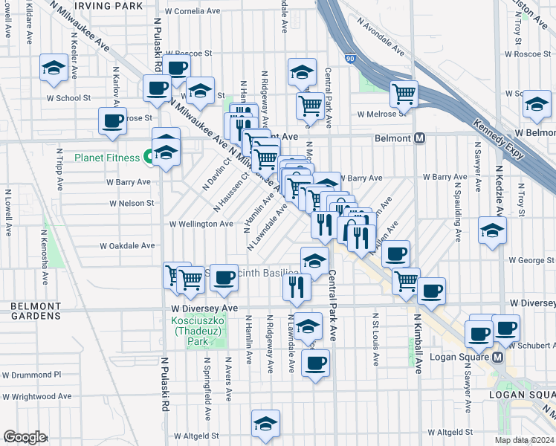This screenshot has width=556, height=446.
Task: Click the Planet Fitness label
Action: (x=107, y=158)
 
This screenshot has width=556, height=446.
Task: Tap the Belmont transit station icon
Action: (x=420, y=139)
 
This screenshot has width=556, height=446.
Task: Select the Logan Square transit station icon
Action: (x=498, y=357)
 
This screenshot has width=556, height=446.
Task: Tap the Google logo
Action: (x=25, y=437)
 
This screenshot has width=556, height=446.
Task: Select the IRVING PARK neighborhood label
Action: (x=108, y=5)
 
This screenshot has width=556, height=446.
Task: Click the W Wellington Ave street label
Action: (x=201, y=224)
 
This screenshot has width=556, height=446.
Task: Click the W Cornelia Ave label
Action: (x=193, y=12)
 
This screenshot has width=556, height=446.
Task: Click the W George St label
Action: (x=531, y=260)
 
